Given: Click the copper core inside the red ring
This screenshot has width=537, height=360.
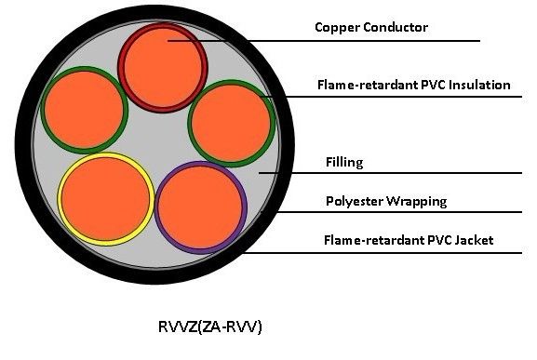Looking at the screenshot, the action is point(163,67).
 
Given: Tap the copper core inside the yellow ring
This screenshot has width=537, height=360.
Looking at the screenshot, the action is point(106,199).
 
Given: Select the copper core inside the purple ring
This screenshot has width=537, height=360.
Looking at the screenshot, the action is point(201,207).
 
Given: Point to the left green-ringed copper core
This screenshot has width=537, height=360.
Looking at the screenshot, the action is point(85,110).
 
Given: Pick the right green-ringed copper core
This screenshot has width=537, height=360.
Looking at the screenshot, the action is point(231,124).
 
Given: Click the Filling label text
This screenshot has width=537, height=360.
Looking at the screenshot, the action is point(344,162).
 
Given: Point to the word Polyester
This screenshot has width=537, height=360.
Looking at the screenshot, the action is point(354,202).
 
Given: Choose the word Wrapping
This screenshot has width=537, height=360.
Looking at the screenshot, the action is point(417,202).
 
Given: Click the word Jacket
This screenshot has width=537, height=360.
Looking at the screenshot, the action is point(475,240).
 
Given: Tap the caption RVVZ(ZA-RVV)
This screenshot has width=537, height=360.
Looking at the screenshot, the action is point(210,327).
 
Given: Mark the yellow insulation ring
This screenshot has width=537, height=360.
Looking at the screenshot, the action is point(59,199).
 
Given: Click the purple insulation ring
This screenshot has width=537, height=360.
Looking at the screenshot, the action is point(157,207).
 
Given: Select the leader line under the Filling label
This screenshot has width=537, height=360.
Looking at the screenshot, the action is point(390,173).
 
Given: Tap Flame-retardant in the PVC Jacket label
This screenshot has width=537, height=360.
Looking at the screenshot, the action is point(373,240).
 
